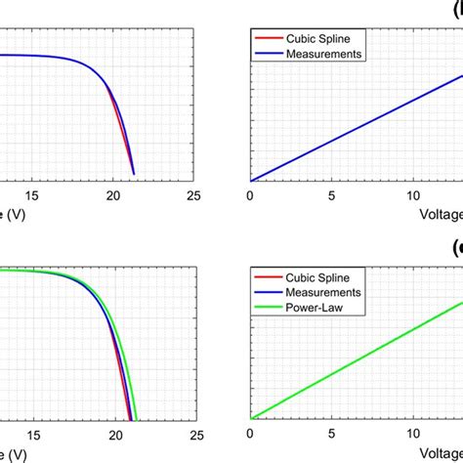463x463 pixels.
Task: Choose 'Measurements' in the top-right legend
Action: tap(323, 55)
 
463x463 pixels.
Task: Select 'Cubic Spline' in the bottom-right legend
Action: tap(317, 277)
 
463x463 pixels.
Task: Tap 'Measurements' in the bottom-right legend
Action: tap(323, 292)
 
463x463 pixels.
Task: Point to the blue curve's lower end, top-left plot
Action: tap(133, 174)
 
